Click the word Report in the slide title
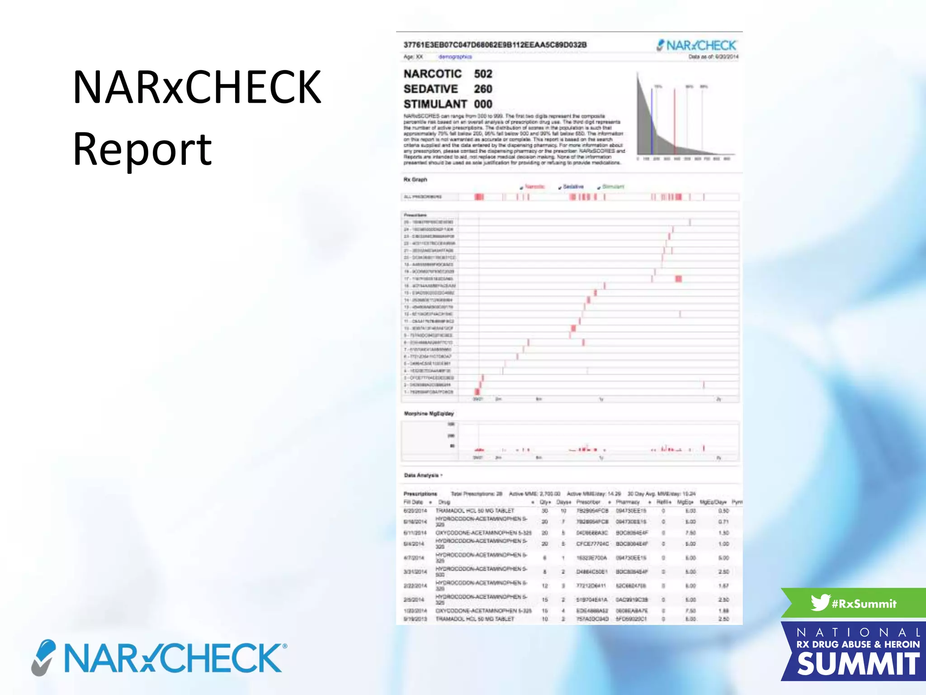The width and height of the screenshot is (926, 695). pyautogui.click(x=142, y=148)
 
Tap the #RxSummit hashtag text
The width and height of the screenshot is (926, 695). pyautogui.click(x=864, y=604)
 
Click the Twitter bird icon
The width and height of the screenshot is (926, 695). pyautogui.click(x=820, y=602)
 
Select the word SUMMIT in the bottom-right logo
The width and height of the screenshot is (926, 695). pyautogui.click(x=858, y=664)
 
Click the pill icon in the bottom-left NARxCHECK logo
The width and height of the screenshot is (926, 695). pyautogui.click(x=44, y=657)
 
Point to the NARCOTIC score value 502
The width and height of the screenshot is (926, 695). pyautogui.click(x=483, y=74)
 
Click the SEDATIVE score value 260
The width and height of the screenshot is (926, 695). pyautogui.click(x=483, y=89)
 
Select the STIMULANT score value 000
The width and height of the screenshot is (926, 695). pyautogui.click(x=483, y=104)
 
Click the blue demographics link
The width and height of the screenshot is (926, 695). pyautogui.click(x=455, y=57)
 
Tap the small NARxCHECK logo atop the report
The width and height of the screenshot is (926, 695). pyautogui.click(x=696, y=46)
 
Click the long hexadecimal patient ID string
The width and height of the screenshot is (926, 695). pyautogui.click(x=495, y=45)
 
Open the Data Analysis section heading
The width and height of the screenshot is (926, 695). pyautogui.click(x=422, y=476)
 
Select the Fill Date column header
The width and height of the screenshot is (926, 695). pyautogui.click(x=413, y=502)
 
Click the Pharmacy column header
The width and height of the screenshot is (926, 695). pyautogui.click(x=628, y=502)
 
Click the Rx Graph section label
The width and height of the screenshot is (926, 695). pyautogui.click(x=415, y=180)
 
